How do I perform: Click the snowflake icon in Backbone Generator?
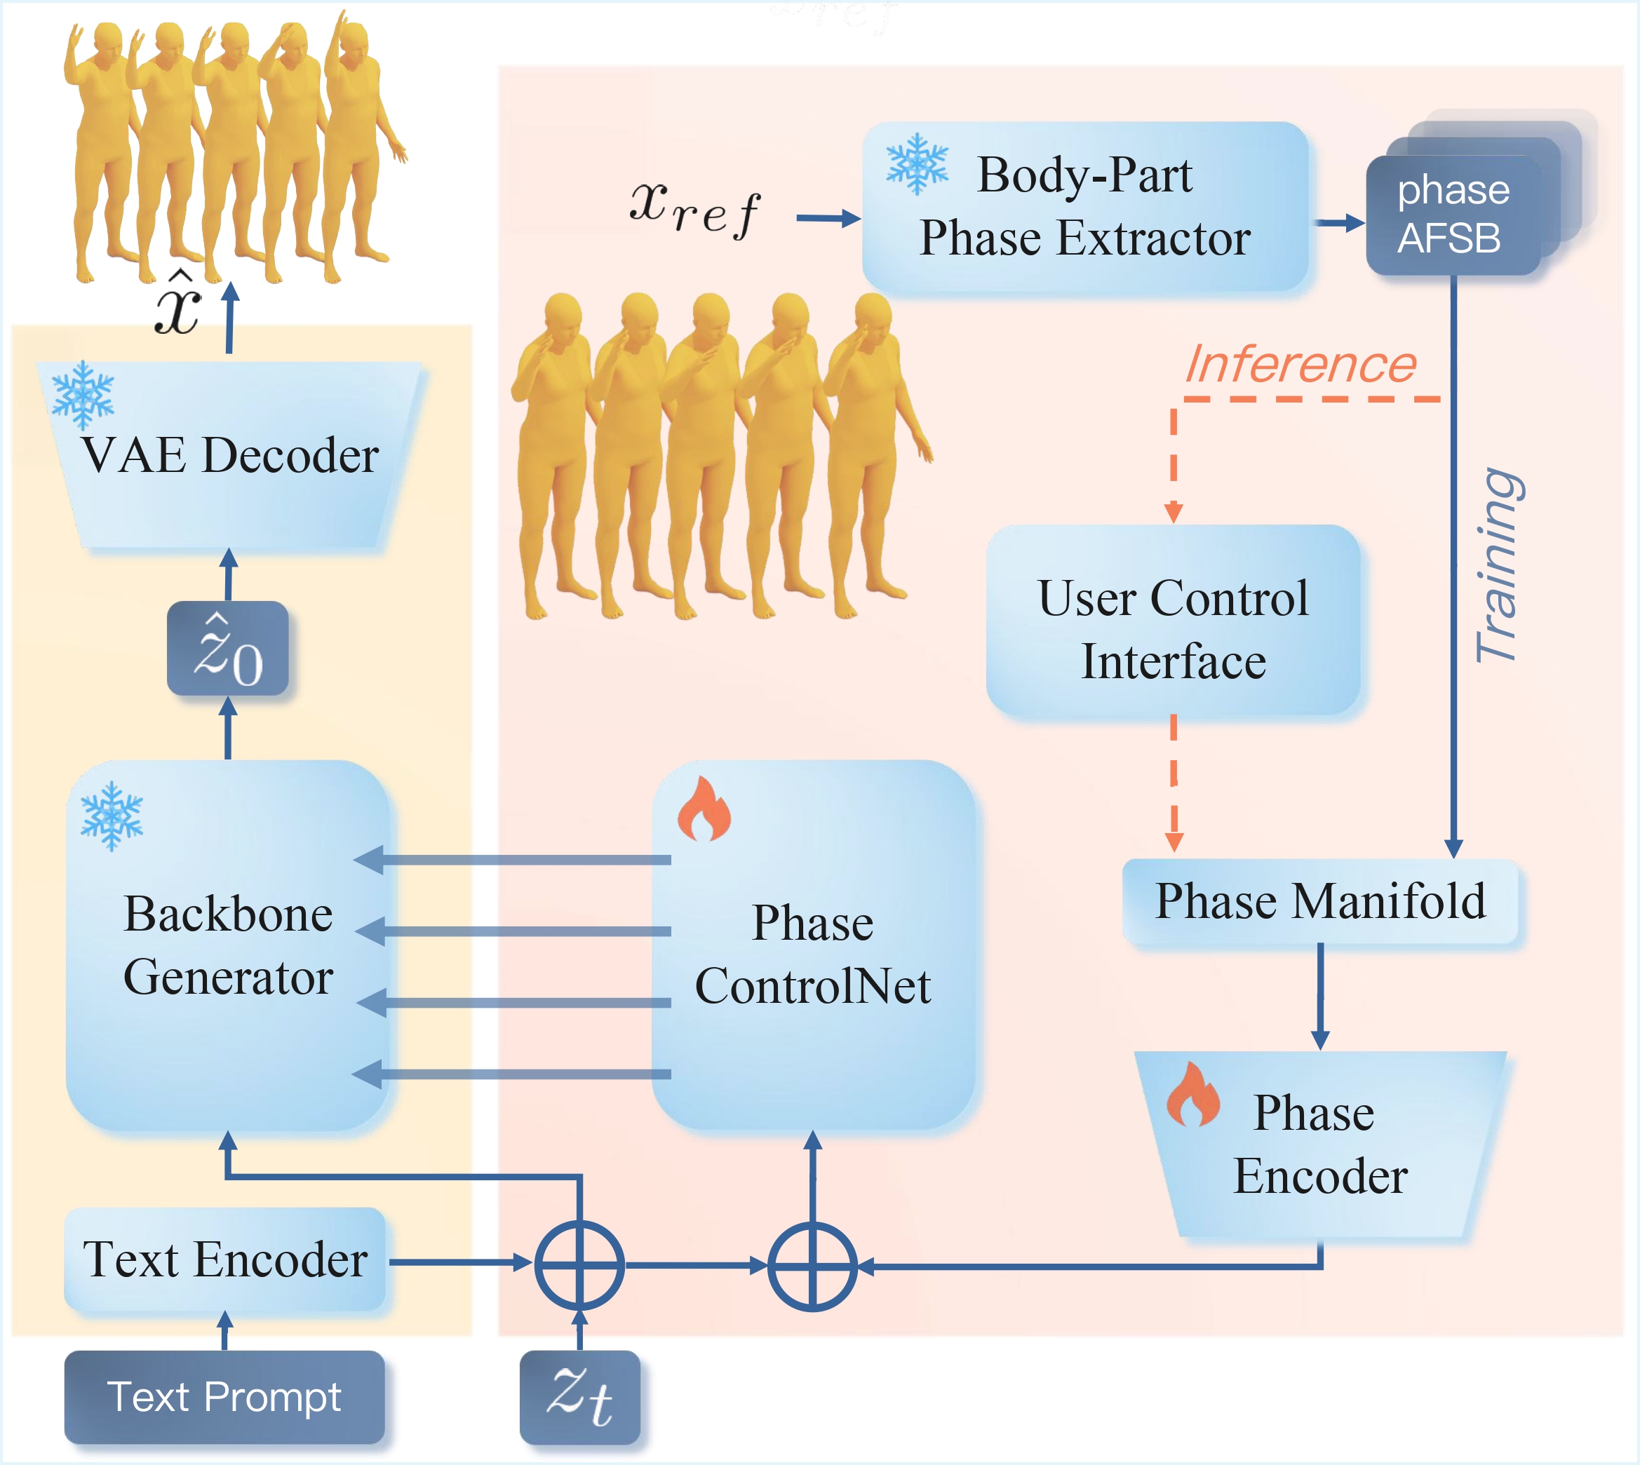pyautogui.click(x=112, y=816)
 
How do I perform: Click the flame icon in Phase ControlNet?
pyautogui.click(x=704, y=809)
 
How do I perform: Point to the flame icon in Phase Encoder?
pyautogui.click(x=1193, y=1096)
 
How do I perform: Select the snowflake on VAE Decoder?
pyautogui.click(x=83, y=394)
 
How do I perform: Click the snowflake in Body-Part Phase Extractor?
pyautogui.click(x=917, y=164)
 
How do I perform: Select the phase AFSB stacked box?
pyautogui.click(x=1453, y=214)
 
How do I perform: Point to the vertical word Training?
pyautogui.click(x=1498, y=565)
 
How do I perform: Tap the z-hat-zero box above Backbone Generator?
pyautogui.click(x=228, y=648)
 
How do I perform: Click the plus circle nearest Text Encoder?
pyautogui.click(x=579, y=1265)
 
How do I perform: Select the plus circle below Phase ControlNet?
pyautogui.click(x=812, y=1266)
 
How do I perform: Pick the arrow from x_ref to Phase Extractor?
pyautogui.click(x=828, y=218)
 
